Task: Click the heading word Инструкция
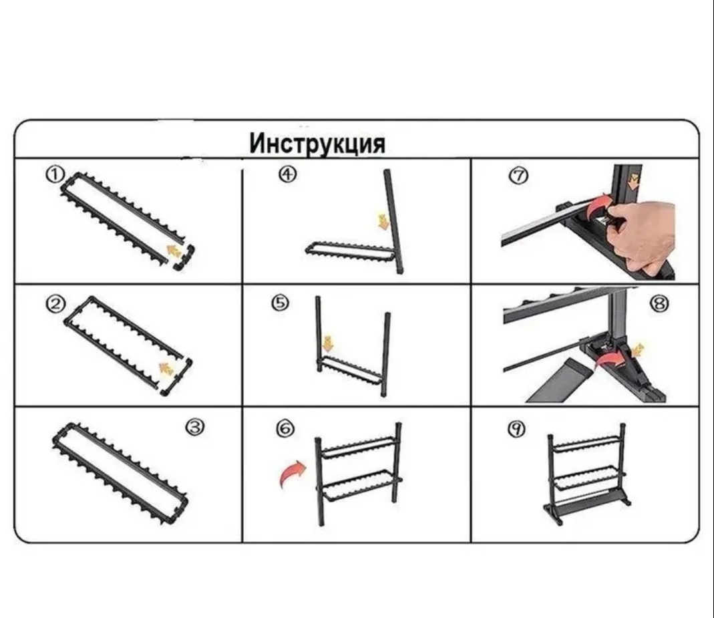click(x=317, y=144)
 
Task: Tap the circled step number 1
click(x=54, y=175)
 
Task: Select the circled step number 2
click(x=55, y=304)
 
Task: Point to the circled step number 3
click(x=195, y=427)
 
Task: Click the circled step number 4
click(x=288, y=174)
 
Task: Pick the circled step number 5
click(x=281, y=303)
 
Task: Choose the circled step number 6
click(x=285, y=428)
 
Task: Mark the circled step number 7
click(x=518, y=176)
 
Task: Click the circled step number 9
click(x=516, y=428)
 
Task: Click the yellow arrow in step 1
click(x=174, y=251)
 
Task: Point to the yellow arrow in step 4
click(x=384, y=220)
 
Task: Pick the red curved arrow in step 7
click(x=598, y=208)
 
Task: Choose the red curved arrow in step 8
click(x=610, y=360)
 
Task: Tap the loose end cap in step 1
click(x=184, y=259)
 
